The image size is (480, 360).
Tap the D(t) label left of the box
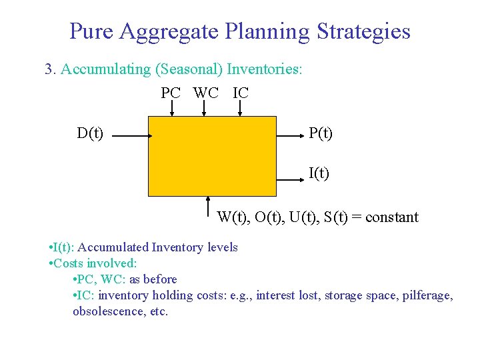click(x=90, y=133)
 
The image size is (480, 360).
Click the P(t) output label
click(x=320, y=133)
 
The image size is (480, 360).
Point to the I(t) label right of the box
click(x=319, y=174)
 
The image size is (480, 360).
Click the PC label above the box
click(x=171, y=93)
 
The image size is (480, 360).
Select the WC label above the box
click(x=206, y=93)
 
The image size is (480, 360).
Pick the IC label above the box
click(x=241, y=93)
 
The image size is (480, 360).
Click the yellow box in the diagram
click(x=211, y=157)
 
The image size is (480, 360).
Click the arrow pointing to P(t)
click(x=290, y=135)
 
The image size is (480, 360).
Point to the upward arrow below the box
click(x=209, y=207)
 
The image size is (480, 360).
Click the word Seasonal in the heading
click(x=197, y=69)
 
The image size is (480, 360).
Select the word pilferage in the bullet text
click(x=427, y=295)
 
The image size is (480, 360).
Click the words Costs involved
click(x=95, y=263)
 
